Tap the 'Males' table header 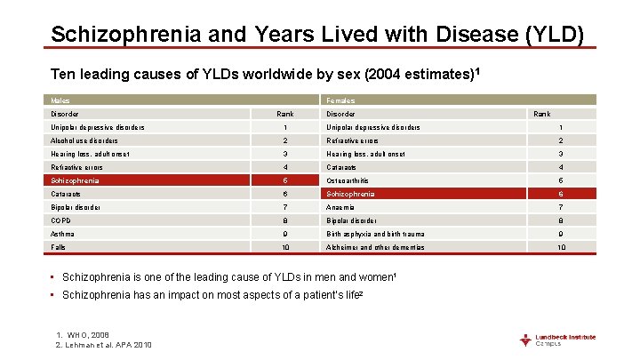[60, 100]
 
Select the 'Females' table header [340, 100]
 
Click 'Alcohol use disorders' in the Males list [84, 140]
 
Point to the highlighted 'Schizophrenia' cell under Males [76, 180]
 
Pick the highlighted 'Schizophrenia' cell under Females [350, 194]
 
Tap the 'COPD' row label [61, 220]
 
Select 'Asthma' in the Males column [62, 234]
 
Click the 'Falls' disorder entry [59, 247]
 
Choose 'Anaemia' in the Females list [341, 207]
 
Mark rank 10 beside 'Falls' [285, 247]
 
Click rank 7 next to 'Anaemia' [560, 207]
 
